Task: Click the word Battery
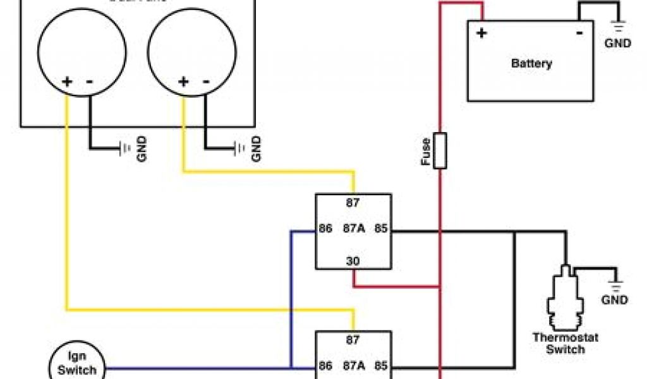click(x=531, y=63)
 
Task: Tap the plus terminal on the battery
click(x=481, y=33)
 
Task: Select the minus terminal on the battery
click(x=579, y=33)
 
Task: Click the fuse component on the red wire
click(x=440, y=150)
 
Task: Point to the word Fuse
click(x=426, y=152)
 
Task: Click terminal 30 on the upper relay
click(x=353, y=260)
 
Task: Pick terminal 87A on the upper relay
click(x=353, y=228)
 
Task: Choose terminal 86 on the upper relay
click(x=326, y=228)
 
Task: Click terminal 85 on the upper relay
click(x=380, y=228)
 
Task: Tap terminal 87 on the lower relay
click(x=353, y=339)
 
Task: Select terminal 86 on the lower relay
click(x=326, y=366)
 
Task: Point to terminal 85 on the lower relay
click(x=380, y=366)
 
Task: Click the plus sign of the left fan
click(x=66, y=81)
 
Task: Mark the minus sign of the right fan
click(x=206, y=81)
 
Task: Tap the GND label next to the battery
click(x=617, y=44)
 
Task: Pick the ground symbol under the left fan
click(x=124, y=148)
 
